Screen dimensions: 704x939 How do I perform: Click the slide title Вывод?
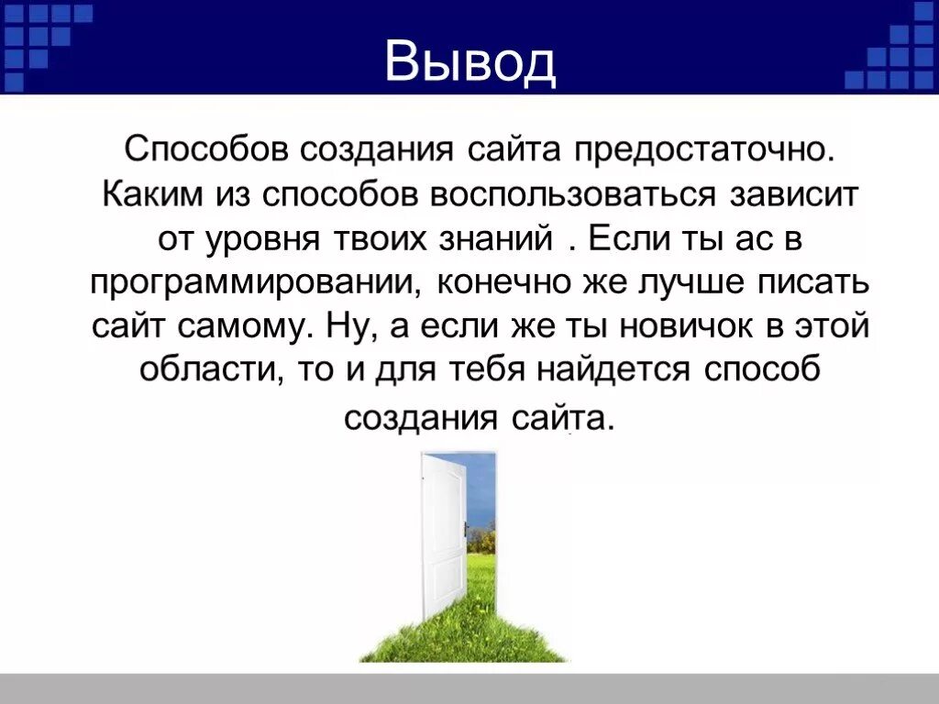(x=469, y=62)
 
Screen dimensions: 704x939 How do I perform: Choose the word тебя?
(x=495, y=371)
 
